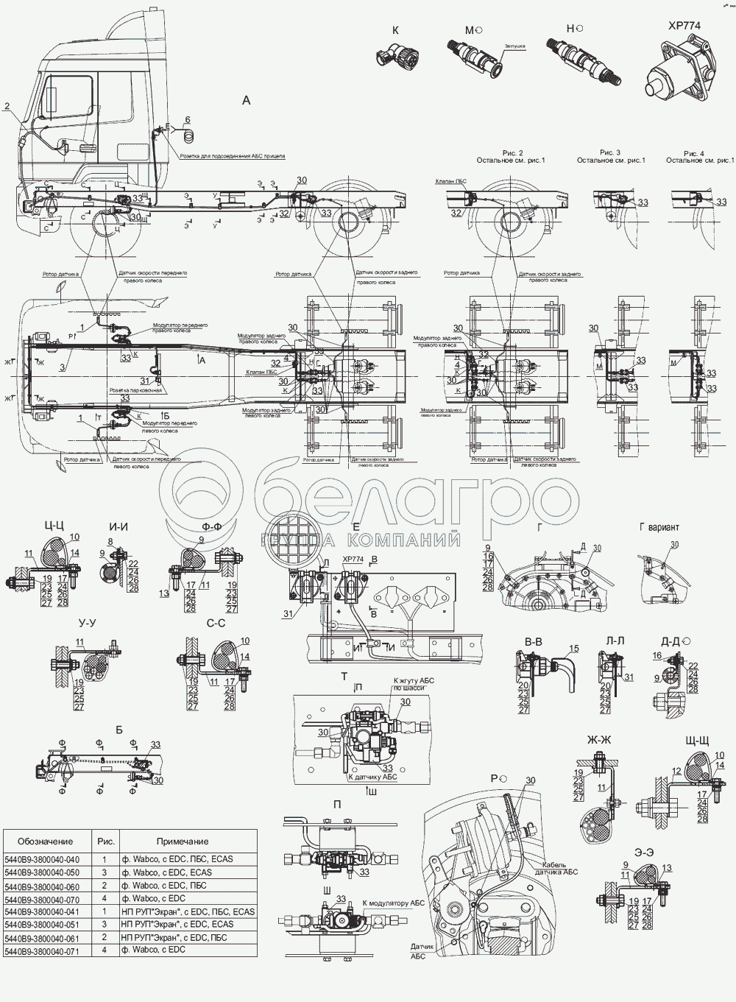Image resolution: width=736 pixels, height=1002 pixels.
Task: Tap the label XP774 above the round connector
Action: (684, 25)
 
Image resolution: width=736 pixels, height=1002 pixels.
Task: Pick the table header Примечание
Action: (183, 841)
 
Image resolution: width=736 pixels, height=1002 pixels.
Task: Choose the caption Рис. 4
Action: (698, 152)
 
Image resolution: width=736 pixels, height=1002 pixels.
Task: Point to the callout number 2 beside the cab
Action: (7, 106)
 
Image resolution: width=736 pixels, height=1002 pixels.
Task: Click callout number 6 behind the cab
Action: (187, 119)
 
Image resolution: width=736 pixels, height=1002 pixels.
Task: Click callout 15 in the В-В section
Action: (574, 649)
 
